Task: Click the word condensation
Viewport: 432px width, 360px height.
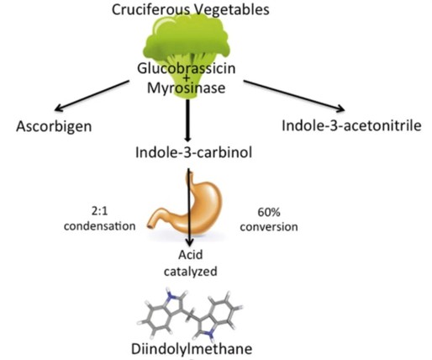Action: tap(99, 226)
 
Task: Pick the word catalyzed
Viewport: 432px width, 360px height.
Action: tap(191, 273)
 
